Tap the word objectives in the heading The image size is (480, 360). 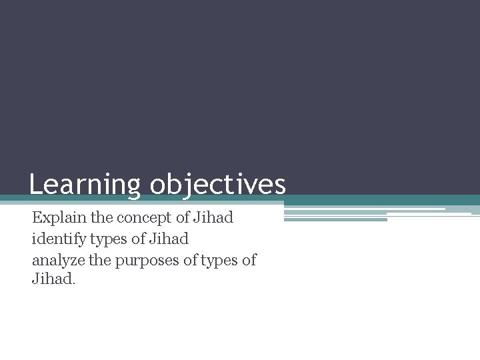click(218, 185)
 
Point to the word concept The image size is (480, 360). click(145, 218)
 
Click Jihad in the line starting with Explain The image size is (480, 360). click(213, 218)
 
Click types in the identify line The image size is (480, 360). click(110, 239)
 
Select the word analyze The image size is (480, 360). click(59, 259)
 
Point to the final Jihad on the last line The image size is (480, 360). click(52, 279)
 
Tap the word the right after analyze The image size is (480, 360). click(100, 259)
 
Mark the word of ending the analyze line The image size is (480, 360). click(249, 259)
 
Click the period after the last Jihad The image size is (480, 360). click(74, 283)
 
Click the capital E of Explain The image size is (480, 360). click(37, 218)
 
